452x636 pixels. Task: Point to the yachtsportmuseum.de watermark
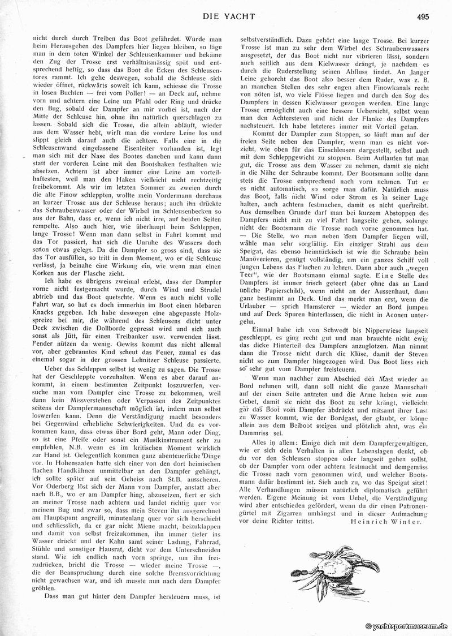(406, 626)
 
